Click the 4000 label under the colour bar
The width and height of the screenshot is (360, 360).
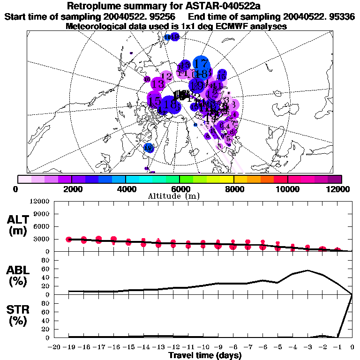(x=125, y=188)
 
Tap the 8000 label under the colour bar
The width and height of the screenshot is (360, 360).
(x=233, y=188)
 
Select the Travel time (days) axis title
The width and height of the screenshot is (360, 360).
(x=205, y=355)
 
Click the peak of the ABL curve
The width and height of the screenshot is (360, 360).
(x=307, y=270)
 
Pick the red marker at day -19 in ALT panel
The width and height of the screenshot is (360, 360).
(x=69, y=240)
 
